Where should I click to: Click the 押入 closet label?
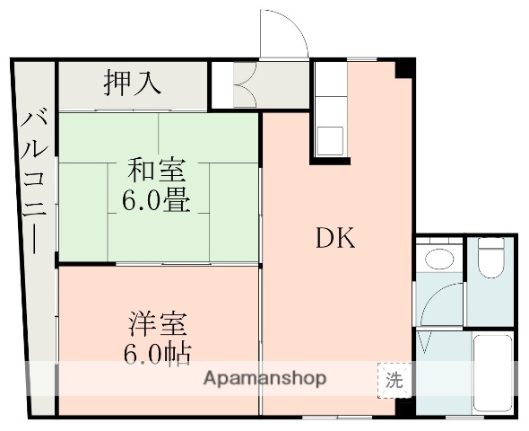click(x=132, y=84)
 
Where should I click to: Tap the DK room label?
click(x=335, y=238)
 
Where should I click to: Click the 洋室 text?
click(x=155, y=321)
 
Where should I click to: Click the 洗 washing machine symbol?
click(x=394, y=379)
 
